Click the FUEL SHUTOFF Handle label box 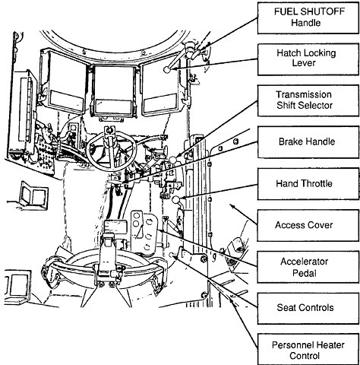[308, 17]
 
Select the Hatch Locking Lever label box [308, 59]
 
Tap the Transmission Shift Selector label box [308, 100]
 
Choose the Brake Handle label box [308, 142]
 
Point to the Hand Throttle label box [308, 184]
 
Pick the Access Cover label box [308, 225]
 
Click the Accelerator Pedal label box [308, 267]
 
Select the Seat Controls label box [308, 308]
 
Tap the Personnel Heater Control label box [308, 350]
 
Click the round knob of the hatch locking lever [167, 69]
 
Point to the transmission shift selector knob [173, 160]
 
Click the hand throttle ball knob [176, 200]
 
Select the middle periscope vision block [114, 90]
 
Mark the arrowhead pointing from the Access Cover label [232, 205]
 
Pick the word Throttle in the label [317, 183]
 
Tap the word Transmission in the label [304, 94]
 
